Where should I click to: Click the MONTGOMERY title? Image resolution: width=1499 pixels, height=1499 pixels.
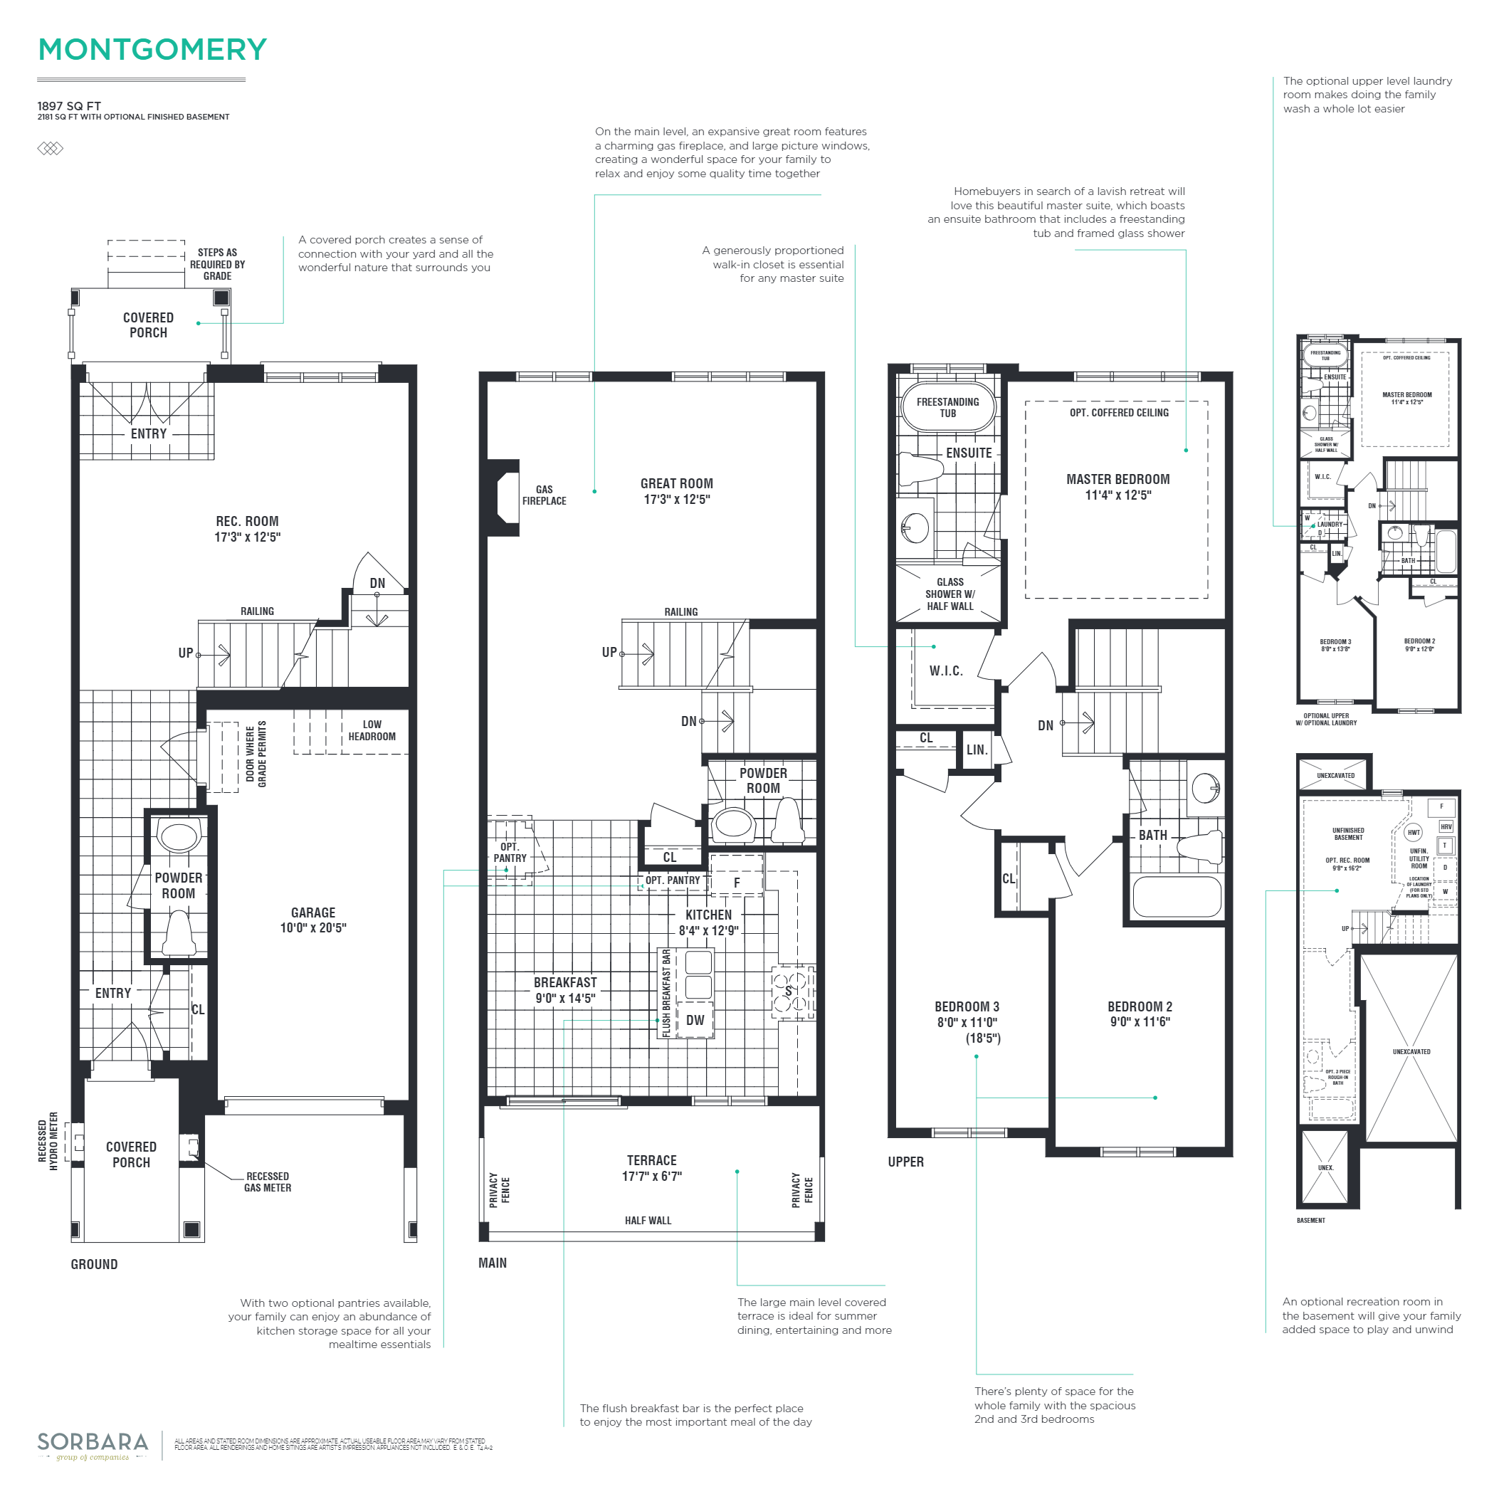(152, 50)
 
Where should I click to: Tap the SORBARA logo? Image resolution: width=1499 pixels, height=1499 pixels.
(93, 1441)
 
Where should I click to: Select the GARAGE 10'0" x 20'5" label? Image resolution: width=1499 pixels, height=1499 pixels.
(312, 920)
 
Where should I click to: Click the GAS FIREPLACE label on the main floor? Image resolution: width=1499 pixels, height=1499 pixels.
(544, 495)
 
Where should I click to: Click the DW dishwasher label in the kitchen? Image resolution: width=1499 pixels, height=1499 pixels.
(695, 1020)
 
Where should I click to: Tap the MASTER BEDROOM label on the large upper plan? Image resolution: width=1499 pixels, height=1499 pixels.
(1117, 486)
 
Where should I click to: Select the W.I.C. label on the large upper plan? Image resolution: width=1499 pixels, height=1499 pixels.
(946, 671)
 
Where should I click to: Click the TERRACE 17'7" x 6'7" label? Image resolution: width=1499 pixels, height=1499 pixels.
(652, 1168)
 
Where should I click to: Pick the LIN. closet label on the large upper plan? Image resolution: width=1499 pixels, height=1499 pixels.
(977, 750)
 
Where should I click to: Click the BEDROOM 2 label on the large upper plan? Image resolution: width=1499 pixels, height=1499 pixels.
(1139, 1014)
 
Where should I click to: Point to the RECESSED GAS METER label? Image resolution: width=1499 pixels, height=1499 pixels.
(267, 1182)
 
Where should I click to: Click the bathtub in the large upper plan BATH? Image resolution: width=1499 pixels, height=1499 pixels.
(1177, 897)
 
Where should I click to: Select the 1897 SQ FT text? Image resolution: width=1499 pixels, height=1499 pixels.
(69, 106)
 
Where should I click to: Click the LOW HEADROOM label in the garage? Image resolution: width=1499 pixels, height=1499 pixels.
(372, 730)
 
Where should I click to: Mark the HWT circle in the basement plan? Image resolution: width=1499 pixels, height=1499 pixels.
(1414, 833)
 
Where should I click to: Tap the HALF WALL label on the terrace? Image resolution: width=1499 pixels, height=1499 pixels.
(648, 1221)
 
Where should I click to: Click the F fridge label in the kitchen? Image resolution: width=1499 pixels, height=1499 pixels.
(736, 883)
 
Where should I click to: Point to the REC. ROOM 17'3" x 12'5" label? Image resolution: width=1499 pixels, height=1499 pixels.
(247, 529)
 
